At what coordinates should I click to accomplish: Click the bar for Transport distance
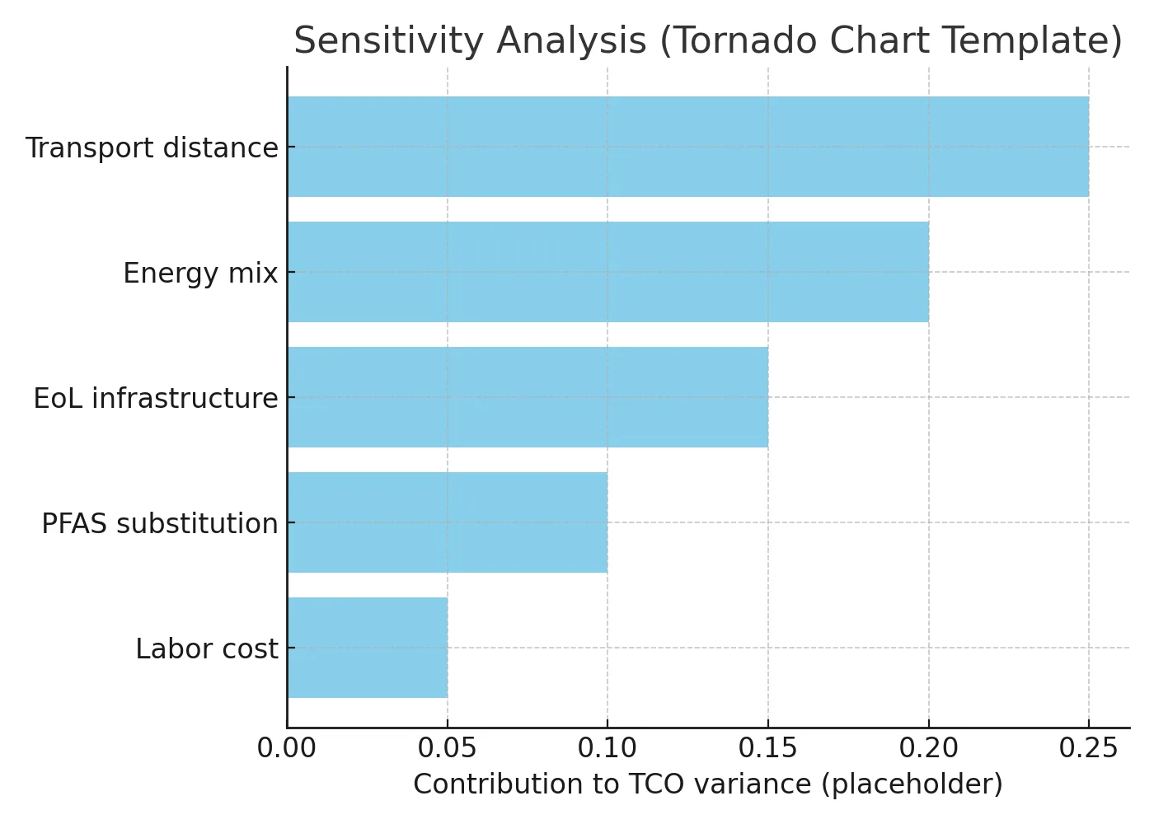point(688,147)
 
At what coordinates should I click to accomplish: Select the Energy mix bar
point(608,272)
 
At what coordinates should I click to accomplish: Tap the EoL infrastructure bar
point(528,397)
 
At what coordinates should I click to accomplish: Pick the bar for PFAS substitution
point(448,522)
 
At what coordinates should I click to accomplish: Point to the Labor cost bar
point(368,648)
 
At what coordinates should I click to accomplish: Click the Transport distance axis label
point(152,148)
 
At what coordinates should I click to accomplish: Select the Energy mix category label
point(200,274)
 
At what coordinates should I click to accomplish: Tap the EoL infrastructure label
point(156,399)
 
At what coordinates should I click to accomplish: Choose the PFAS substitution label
point(160,524)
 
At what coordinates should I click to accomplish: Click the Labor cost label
point(207,649)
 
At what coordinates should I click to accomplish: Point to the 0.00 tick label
point(287,748)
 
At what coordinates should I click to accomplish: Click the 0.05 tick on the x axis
point(447,748)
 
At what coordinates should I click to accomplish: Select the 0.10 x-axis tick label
point(607,748)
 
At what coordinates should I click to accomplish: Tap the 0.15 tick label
point(767,748)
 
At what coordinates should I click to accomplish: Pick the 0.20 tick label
point(928,748)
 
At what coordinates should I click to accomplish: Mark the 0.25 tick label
point(1088,748)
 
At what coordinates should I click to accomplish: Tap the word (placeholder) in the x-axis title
point(912,784)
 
